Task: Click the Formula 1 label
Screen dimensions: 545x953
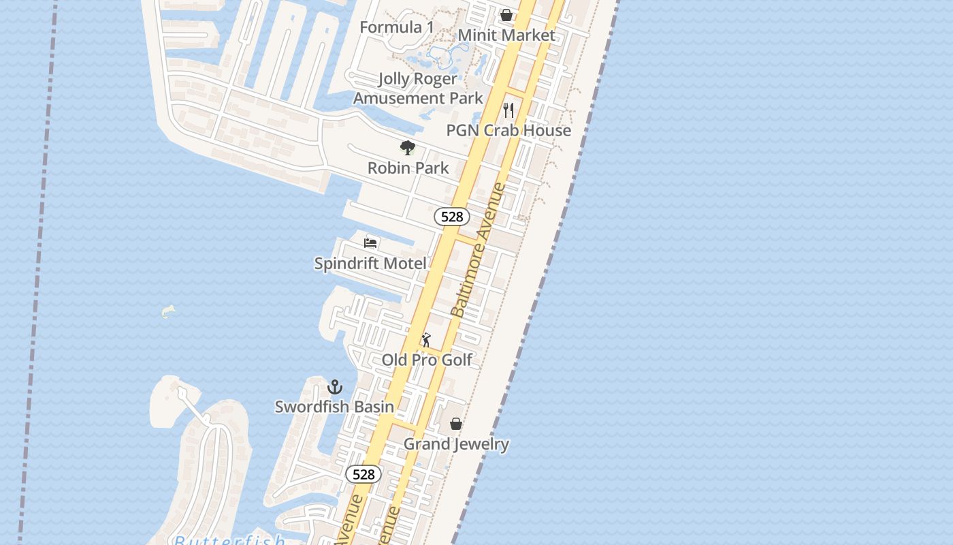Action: [x=396, y=27]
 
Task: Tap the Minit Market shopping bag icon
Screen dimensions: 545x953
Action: [x=506, y=15]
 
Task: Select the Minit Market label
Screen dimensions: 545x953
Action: [x=506, y=35]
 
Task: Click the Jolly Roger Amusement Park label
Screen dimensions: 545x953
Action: [x=418, y=89]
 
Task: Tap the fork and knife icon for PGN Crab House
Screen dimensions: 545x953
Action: [x=508, y=110]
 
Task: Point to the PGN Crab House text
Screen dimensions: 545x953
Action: [x=508, y=130]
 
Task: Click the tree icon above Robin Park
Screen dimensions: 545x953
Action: [x=407, y=147]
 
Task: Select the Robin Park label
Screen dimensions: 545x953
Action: [x=408, y=168]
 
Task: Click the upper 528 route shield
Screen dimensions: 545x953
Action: [x=452, y=217]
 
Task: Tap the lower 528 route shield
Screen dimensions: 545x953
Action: [x=364, y=474]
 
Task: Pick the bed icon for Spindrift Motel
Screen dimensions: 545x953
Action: [x=370, y=243]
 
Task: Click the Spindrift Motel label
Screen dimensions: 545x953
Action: [x=370, y=263]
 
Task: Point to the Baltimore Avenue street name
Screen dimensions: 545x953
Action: [x=479, y=249]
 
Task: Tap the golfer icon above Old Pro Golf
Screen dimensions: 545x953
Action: [x=426, y=339]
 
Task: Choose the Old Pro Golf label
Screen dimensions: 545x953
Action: [x=427, y=360]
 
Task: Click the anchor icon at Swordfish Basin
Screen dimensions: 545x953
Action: [x=334, y=387]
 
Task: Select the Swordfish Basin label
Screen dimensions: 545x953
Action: [x=334, y=407]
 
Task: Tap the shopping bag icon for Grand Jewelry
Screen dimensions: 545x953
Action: [x=456, y=424]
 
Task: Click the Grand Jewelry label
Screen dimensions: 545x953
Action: [x=456, y=444]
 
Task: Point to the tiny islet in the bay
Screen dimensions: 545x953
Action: [x=168, y=312]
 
